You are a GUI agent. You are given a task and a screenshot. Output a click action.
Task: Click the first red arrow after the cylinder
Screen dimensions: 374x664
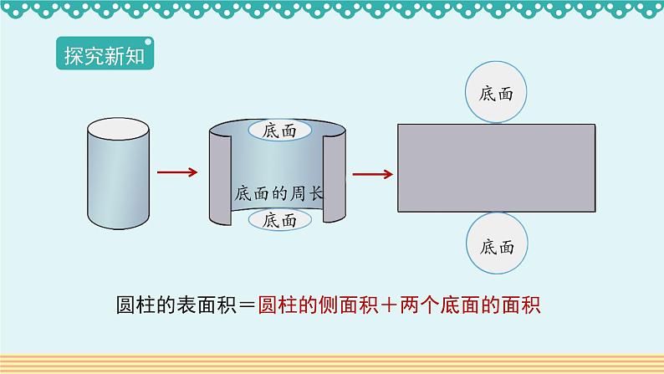tap(176, 172)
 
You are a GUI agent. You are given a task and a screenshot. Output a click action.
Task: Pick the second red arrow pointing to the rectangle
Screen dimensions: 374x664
tap(372, 174)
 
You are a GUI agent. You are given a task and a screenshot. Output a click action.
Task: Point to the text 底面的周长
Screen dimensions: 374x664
tap(278, 192)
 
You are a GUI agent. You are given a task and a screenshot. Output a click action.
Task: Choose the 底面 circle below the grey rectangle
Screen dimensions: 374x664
tap(497, 247)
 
